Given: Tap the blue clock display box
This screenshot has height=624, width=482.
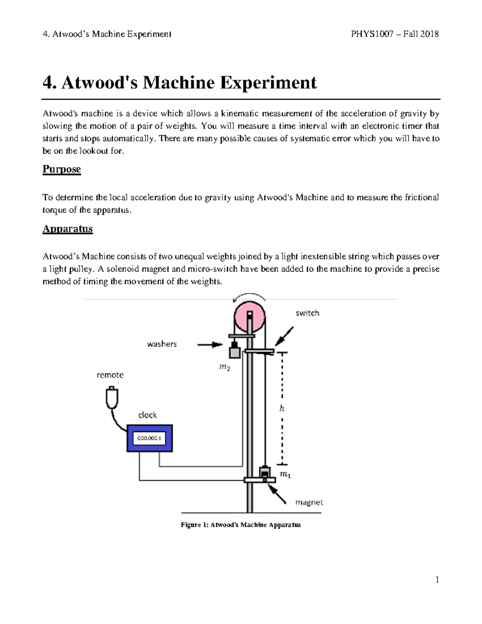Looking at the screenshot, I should click(x=150, y=438).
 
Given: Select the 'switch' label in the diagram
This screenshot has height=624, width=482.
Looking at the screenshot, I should click(x=307, y=313).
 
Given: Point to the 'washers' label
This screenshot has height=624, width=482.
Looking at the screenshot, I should click(x=161, y=344).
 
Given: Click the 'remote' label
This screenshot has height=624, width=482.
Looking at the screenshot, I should click(x=110, y=375).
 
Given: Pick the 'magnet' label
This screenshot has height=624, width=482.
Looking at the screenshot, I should click(x=309, y=502).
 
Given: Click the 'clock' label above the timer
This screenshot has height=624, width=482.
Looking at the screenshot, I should click(x=147, y=415).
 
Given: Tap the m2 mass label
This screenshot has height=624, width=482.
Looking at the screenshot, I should click(x=225, y=368).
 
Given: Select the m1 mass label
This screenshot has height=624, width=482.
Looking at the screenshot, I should click(x=285, y=475).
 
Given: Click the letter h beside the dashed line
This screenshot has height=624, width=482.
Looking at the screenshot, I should click(x=282, y=409).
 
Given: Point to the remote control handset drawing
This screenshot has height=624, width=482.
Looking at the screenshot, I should click(x=112, y=397).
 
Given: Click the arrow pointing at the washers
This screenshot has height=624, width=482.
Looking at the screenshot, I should click(x=210, y=344).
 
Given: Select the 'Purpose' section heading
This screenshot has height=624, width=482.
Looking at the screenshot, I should click(x=61, y=169).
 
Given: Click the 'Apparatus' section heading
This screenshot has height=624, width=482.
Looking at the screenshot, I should click(x=67, y=229).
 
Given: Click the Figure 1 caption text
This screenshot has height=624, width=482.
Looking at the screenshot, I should click(x=241, y=525).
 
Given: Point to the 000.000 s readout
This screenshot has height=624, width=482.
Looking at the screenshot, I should click(x=149, y=438).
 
